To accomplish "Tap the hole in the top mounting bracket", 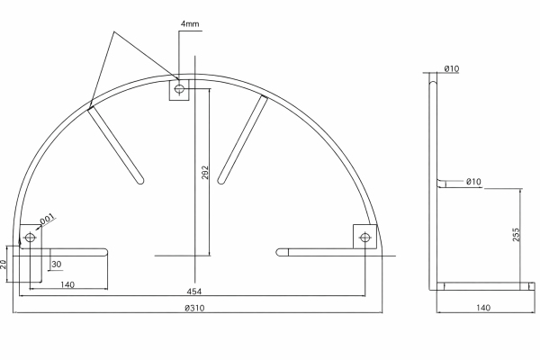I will [179, 89].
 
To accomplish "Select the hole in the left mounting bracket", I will [31, 238].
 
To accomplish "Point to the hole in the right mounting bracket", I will [365, 238].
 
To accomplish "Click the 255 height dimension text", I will [516, 236].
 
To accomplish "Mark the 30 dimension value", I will [57, 265].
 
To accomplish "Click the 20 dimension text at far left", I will [4, 264].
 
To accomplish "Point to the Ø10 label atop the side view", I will [452, 69].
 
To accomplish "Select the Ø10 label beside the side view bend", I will [473, 183].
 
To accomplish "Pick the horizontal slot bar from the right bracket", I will [315, 252].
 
